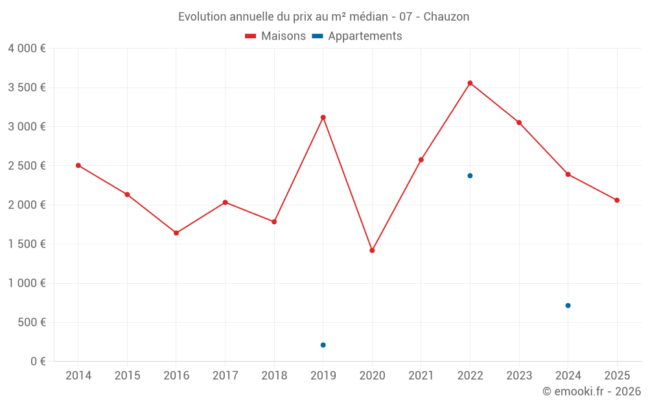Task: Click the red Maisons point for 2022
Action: [470, 83]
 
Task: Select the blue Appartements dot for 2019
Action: [323, 345]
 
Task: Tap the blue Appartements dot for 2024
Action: [568, 305]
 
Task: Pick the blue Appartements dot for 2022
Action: [470, 176]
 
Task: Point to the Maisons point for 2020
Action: [372, 250]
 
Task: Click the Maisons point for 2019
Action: [323, 117]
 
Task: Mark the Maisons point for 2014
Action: [78, 165]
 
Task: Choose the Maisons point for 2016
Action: [176, 233]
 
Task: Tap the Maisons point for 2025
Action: [617, 200]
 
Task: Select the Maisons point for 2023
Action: [519, 122]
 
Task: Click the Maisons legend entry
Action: [275, 36]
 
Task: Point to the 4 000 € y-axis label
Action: [27, 49]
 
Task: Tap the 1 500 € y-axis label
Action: [27, 244]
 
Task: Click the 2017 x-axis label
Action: [225, 376]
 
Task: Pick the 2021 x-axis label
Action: [421, 376]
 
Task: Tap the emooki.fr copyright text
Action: [591, 391]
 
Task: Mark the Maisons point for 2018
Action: [274, 222]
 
